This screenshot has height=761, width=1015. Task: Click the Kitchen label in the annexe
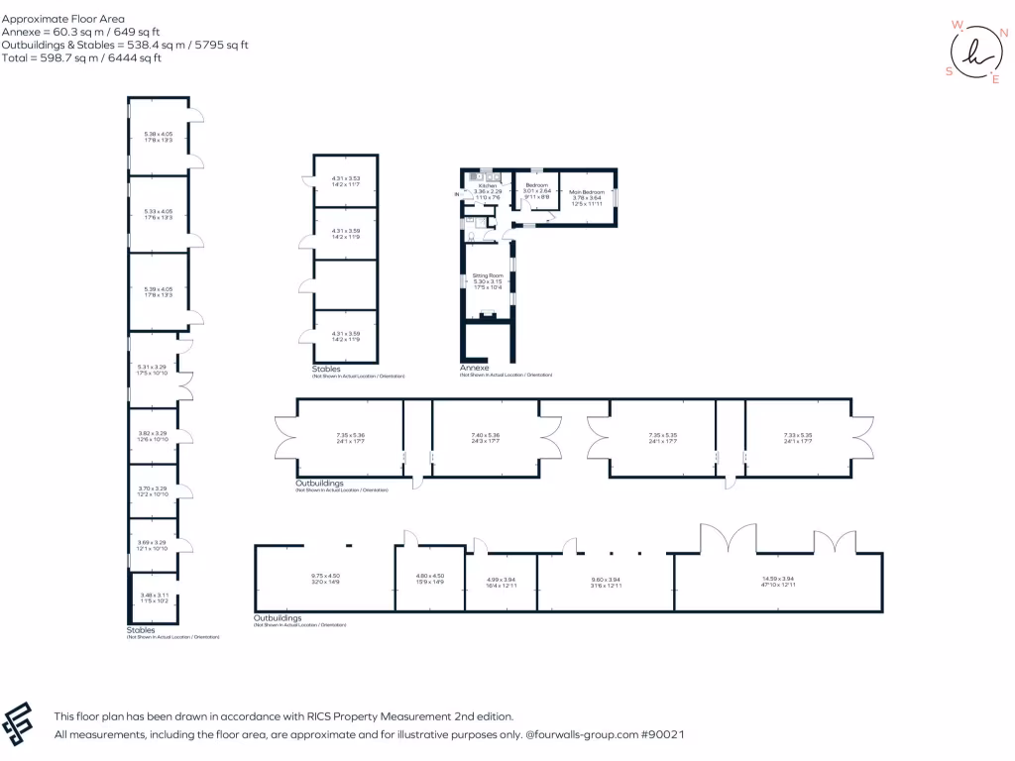(487, 186)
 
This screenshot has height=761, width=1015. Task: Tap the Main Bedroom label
(587, 192)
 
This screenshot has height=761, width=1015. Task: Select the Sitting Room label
(488, 275)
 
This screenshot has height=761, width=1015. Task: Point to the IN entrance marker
(457, 194)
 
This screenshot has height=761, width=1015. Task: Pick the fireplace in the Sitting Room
(487, 316)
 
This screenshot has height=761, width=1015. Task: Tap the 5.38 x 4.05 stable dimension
(158, 135)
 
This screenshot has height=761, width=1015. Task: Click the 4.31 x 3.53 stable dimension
(345, 179)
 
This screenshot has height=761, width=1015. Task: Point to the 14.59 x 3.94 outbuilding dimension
(778, 579)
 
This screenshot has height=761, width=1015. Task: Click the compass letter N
(1003, 33)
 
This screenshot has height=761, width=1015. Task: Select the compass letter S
(949, 71)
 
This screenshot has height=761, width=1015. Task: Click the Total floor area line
(82, 58)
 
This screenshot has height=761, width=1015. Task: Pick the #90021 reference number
(662, 735)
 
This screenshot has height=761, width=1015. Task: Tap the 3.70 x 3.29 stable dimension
(153, 489)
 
